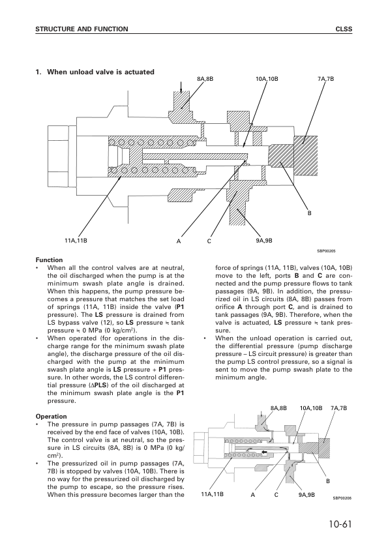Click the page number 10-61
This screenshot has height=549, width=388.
point(339,524)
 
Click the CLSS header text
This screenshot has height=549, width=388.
point(344,29)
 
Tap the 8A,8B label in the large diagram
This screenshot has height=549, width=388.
point(205,79)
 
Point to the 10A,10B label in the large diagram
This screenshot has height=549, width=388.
point(267,79)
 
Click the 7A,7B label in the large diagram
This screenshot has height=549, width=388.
point(325,79)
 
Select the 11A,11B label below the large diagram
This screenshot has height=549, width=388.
point(76,241)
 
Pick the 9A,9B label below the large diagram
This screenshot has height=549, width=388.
point(264,241)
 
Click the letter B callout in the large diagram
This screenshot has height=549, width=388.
point(309,213)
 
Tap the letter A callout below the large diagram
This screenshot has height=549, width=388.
point(179,241)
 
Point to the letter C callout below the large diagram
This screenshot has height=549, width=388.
point(209,241)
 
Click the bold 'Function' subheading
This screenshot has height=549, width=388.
point(49,260)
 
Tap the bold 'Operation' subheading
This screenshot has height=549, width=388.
point(51,416)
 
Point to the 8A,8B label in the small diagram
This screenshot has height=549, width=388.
point(278,408)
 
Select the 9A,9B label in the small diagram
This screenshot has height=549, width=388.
point(306,495)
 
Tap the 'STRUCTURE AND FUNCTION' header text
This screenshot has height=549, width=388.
point(82,29)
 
